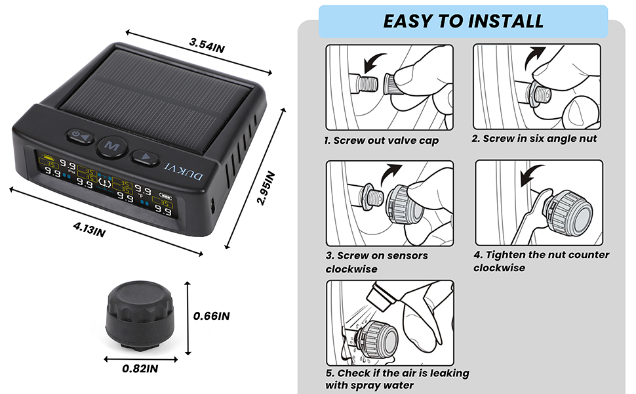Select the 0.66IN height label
tap(212, 316)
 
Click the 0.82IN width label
tap(140, 369)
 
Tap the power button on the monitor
tap(78, 137)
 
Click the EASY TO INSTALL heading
tap(463, 20)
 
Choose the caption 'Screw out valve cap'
tap(381, 141)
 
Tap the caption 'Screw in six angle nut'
tap(535, 139)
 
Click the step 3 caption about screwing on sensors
tap(377, 262)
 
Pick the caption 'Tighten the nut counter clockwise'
tap(540, 261)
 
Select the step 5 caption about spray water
tap(397, 379)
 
